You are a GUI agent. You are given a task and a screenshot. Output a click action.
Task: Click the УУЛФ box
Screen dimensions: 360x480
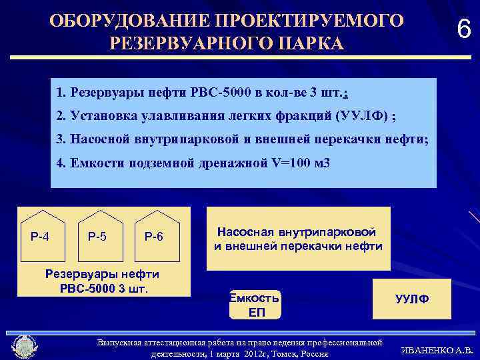pyautogui.click(x=411, y=299)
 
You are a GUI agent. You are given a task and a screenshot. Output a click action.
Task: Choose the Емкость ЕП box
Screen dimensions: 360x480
pyautogui.click(x=254, y=305)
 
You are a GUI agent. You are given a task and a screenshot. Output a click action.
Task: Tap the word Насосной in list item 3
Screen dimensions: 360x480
pyautogui.click(x=99, y=139)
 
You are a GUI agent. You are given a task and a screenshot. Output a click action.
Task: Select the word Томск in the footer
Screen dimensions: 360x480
pyautogui.click(x=271, y=353)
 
